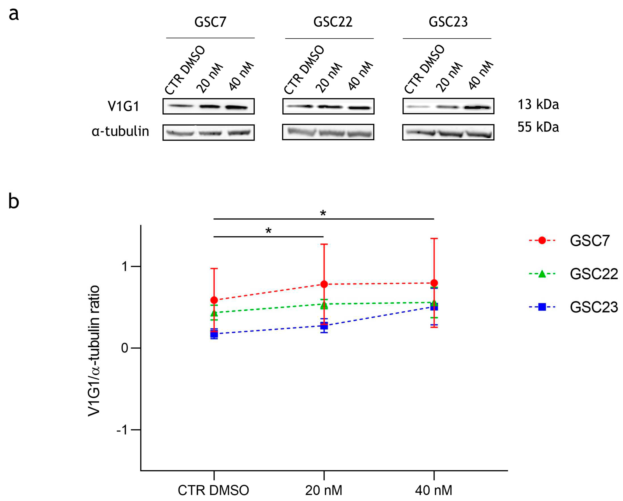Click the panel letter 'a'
tap(14, 14)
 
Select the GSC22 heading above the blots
tap(333, 22)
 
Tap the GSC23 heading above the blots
tap(448, 22)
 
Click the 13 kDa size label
tap(538, 104)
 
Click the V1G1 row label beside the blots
tap(123, 106)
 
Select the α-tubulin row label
tap(120, 131)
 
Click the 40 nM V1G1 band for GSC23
tap(478, 107)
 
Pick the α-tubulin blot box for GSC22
tap(328, 132)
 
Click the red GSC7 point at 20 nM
tap(324, 284)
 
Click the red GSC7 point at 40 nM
tap(434, 283)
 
